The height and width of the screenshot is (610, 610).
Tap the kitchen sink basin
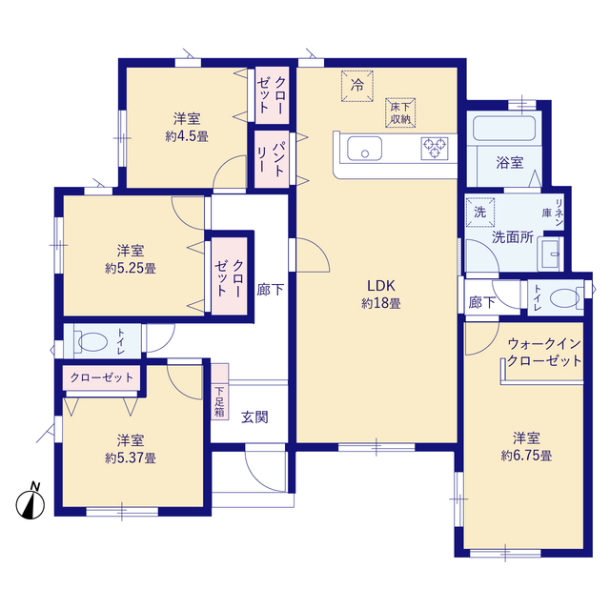(x=364, y=149)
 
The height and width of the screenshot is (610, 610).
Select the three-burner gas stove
(x=435, y=149)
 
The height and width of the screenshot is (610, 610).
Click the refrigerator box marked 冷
(x=357, y=86)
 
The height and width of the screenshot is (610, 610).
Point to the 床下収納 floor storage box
(x=400, y=112)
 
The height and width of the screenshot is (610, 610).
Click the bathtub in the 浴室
(x=504, y=129)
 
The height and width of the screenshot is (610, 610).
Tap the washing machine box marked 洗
(x=480, y=213)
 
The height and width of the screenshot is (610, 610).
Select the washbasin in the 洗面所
(x=550, y=254)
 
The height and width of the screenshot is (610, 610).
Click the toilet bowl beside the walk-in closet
(x=564, y=298)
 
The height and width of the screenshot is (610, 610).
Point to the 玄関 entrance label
(x=254, y=417)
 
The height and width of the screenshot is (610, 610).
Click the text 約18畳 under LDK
(x=381, y=303)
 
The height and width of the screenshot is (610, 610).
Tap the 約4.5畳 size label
(x=187, y=136)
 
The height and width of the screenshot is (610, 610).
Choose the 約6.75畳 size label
(x=526, y=456)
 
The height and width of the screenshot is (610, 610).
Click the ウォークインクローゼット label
(x=544, y=352)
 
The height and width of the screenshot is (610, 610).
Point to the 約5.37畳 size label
(x=131, y=457)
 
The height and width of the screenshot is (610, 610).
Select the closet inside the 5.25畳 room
(x=230, y=276)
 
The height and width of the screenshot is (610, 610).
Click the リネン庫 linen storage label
(x=553, y=213)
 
